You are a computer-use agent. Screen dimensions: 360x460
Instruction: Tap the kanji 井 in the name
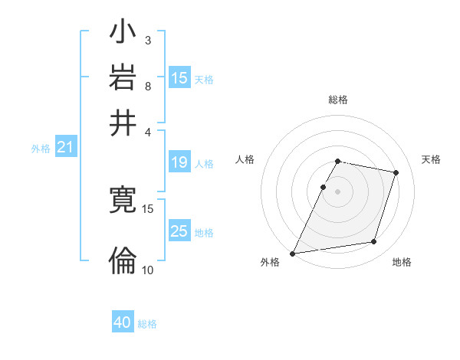point(123,122)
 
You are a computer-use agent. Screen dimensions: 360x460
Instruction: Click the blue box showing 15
point(179,77)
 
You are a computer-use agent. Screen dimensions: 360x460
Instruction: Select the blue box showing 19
point(179,162)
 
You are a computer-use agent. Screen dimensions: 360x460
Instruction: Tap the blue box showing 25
point(179,231)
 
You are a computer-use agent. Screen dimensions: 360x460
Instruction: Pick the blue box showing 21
point(64,147)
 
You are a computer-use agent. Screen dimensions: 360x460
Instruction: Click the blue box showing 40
point(123,322)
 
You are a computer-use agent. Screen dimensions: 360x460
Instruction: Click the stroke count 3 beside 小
point(147,40)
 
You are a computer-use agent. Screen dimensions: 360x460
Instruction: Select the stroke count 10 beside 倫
point(147,270)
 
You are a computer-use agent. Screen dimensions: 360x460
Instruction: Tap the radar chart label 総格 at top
point(337,100)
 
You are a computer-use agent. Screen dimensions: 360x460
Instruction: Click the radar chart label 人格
point(245,159)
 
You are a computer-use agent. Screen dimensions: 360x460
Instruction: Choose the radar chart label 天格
point(431,159)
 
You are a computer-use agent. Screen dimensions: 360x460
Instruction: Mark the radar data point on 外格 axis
point(293,253)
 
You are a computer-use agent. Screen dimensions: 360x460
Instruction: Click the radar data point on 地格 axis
point(374,242)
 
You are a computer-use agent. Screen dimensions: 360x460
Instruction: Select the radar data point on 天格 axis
point(396,173)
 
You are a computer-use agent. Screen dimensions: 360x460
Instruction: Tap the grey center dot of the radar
point(337,191)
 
